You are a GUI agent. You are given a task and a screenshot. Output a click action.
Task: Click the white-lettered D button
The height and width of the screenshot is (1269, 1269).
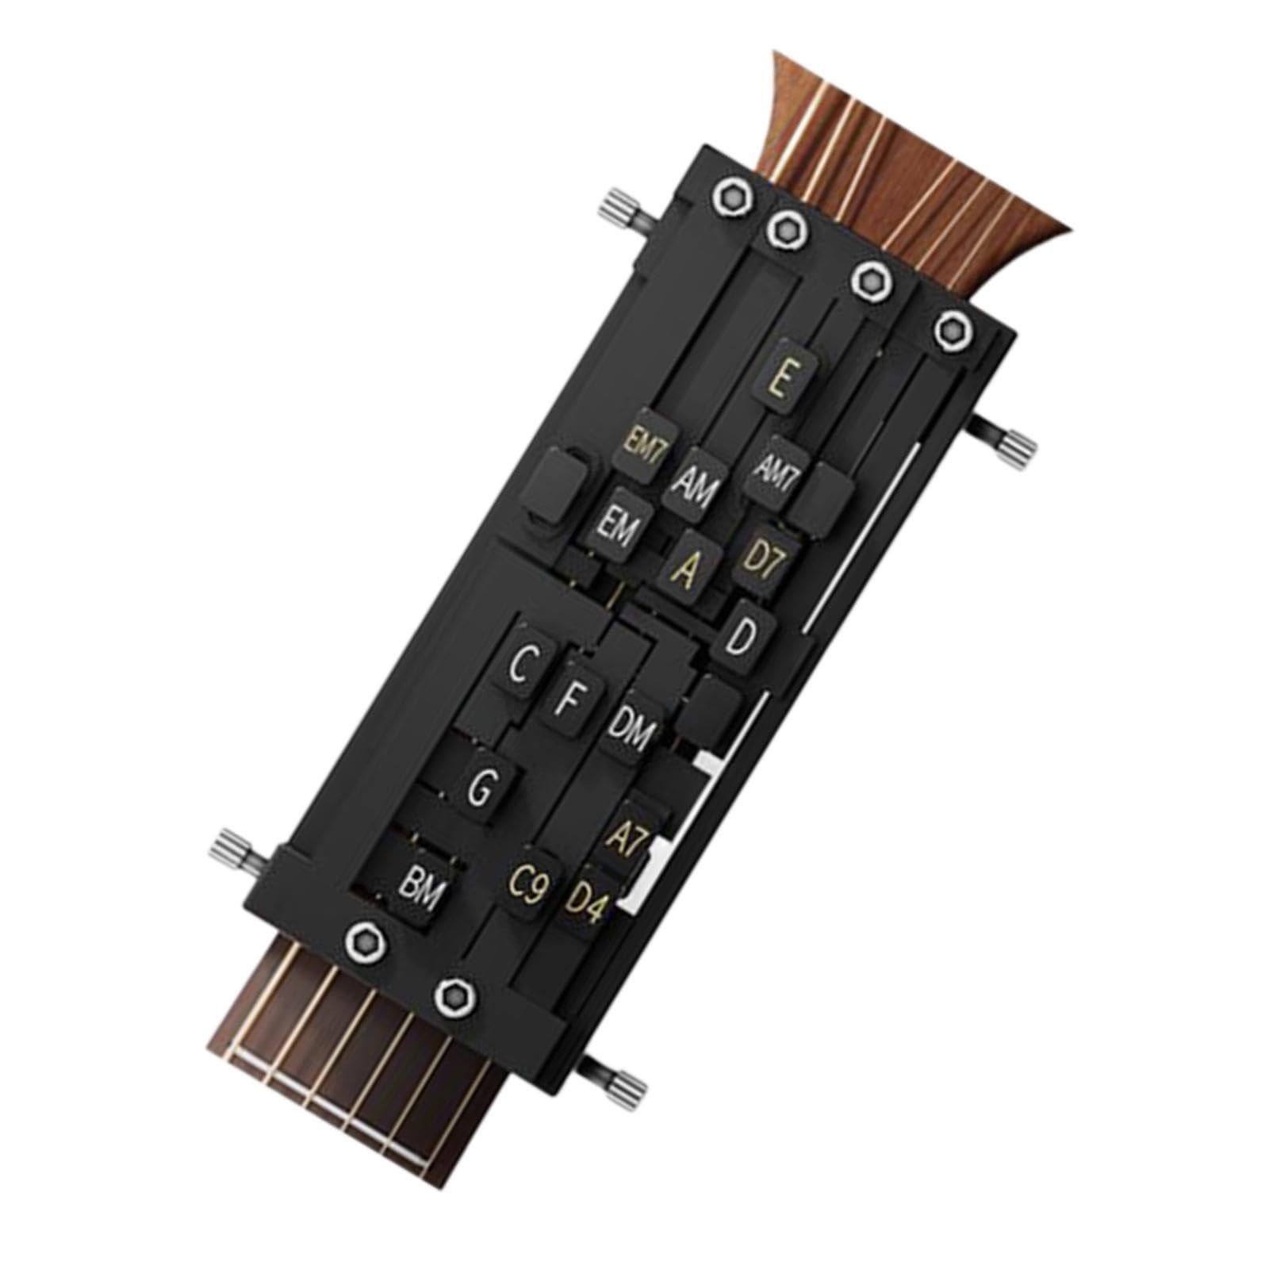[742, 638]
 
